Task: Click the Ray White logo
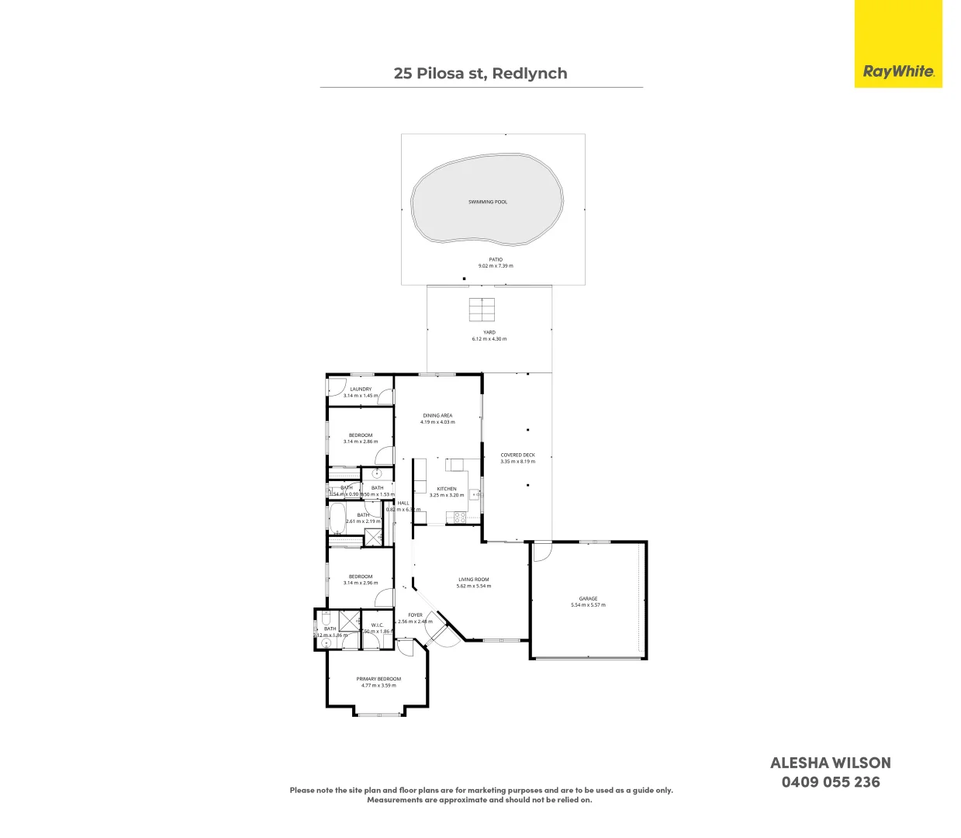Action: click(898, 71)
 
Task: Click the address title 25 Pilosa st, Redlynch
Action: click(480, 74)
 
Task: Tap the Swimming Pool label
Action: click(487, 202)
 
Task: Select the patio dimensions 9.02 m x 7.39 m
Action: click(496, 266)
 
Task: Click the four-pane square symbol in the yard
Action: click(481, 310)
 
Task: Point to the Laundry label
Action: click(361, 389)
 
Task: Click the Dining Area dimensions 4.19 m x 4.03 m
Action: click(437, 422)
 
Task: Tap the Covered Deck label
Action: click(517, 455)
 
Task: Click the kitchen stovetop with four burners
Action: click(459, 517)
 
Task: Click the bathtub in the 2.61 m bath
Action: click(337, 518)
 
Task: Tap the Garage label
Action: click(588, 598)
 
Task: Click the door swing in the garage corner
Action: click(541, 550)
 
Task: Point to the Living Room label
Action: click(473, 580)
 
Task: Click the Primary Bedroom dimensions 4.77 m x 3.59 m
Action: click(379, 685)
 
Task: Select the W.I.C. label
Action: click(377, 625)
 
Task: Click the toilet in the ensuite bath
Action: click(327, 642)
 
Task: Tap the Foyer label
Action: click(416, 615)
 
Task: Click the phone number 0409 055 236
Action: click(830, 782)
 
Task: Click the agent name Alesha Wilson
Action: click(830, 763)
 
